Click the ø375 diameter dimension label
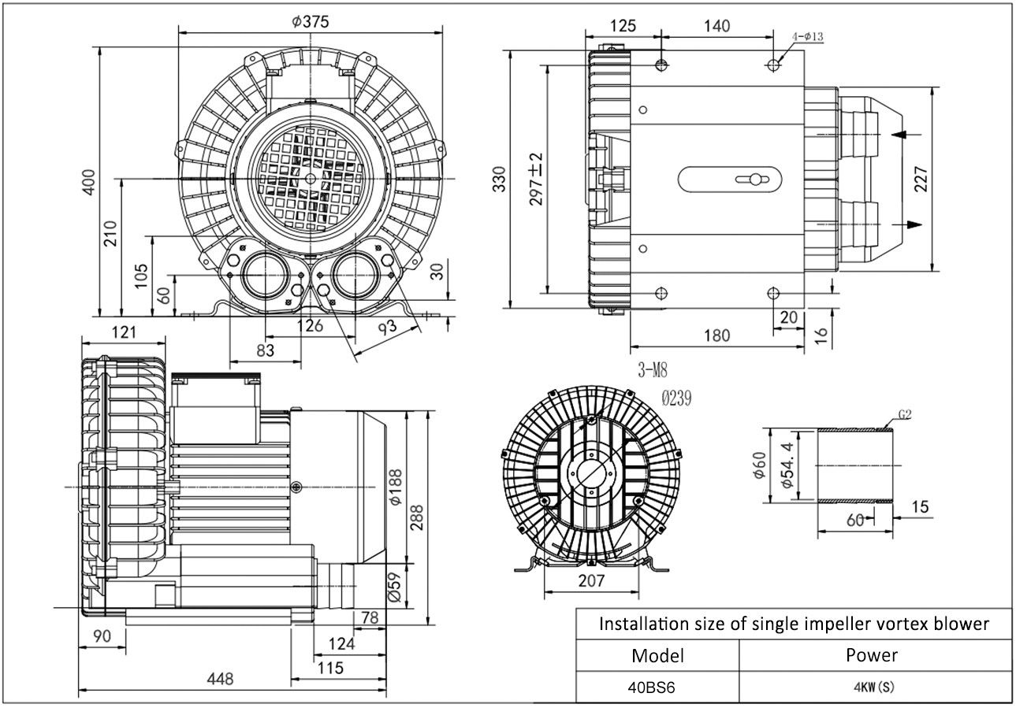click(309, 22)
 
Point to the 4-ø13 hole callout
click(807, 36)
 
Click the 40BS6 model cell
click(651, 686)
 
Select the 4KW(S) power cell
click(873, 686)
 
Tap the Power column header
click(872, 654)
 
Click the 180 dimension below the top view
click(716, 335)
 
